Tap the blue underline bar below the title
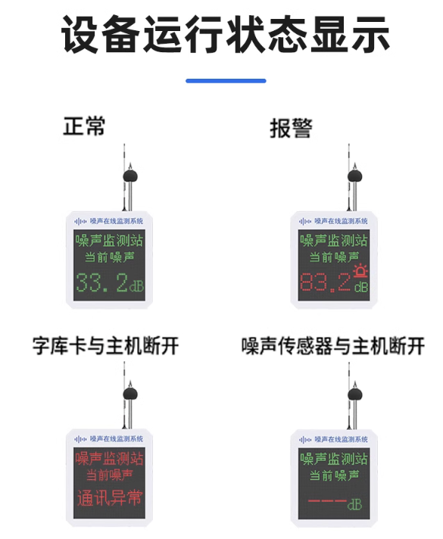click(226, 81)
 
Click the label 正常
click(84, 126)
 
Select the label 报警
click(291, 128)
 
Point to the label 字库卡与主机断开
click(105, 345)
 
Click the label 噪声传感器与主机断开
click(333, 346)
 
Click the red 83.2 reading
click(326, 282)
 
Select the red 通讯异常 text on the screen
click(109, 498)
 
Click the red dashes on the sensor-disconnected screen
click(327, 500)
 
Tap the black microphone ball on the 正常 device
click(130, 176)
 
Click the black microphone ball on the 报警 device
click(354, 176)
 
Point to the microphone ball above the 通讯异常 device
click(130, 393)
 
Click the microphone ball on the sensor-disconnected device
click(354, 393)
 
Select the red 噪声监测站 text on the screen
click(109, 458)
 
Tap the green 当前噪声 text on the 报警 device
click(334, 257)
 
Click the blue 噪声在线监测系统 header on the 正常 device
click(117, 221)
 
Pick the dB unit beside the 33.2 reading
click(136, 285)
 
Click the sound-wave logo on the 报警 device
click(305, 222)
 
